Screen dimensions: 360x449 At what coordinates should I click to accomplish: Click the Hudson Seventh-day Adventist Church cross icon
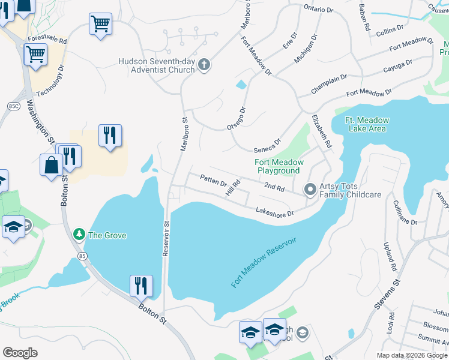pos(204,65)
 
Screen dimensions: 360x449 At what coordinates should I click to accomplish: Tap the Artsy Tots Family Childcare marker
pos(310,190)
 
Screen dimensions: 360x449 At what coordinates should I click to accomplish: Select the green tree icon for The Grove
pos(78,235)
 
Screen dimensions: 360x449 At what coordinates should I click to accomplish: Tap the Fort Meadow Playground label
pos(279,166)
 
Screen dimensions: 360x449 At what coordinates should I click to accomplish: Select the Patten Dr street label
pos(213,179)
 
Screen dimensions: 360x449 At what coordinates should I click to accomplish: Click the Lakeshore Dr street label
pos(274,212)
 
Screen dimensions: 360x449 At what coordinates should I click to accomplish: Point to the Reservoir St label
pos(167,238)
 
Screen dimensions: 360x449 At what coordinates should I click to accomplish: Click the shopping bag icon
pos(51,164)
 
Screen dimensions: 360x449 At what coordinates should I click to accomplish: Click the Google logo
pos(20,353)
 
